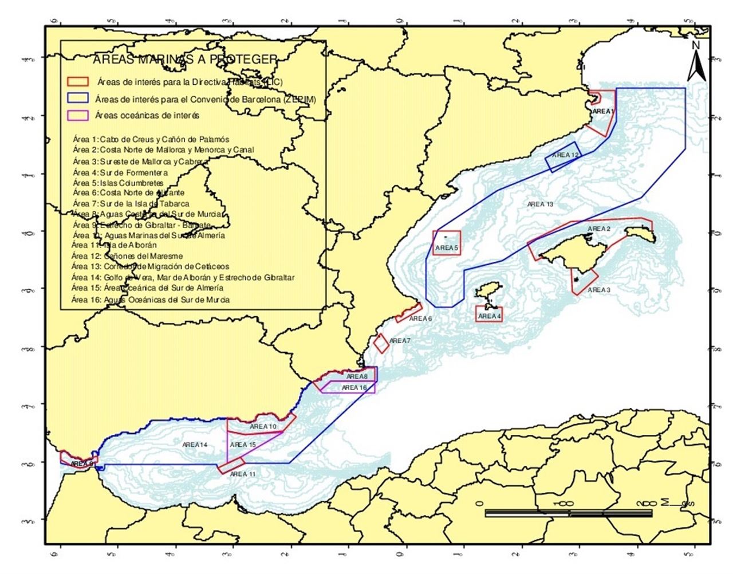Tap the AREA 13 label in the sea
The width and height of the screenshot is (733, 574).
point(540,205)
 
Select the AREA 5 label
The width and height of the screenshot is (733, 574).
point(447,248)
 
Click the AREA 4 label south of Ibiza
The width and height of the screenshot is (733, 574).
point(489,316)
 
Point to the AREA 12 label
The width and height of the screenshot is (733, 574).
point(566,155)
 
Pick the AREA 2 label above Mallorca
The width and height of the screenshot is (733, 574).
point(598,229)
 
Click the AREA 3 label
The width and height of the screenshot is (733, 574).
point(598,290)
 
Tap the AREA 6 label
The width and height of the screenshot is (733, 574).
point(420,319)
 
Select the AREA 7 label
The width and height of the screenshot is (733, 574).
point(400,341)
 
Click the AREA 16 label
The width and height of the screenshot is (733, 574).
point(354,388)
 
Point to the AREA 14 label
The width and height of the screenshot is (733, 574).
point(195,445)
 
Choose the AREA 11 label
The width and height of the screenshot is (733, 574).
point(243,474)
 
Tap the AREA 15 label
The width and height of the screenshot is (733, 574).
point(243,445)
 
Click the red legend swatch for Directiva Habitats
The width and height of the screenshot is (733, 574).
point(78,82)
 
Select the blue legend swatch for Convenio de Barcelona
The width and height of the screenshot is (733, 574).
point(78,99)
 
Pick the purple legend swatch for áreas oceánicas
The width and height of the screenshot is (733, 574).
point(78,115)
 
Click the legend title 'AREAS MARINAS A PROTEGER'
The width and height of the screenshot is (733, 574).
point(185,60)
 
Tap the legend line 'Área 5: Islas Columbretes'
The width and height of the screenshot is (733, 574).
point(118,183)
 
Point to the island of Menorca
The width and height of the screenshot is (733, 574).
point(640,234)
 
